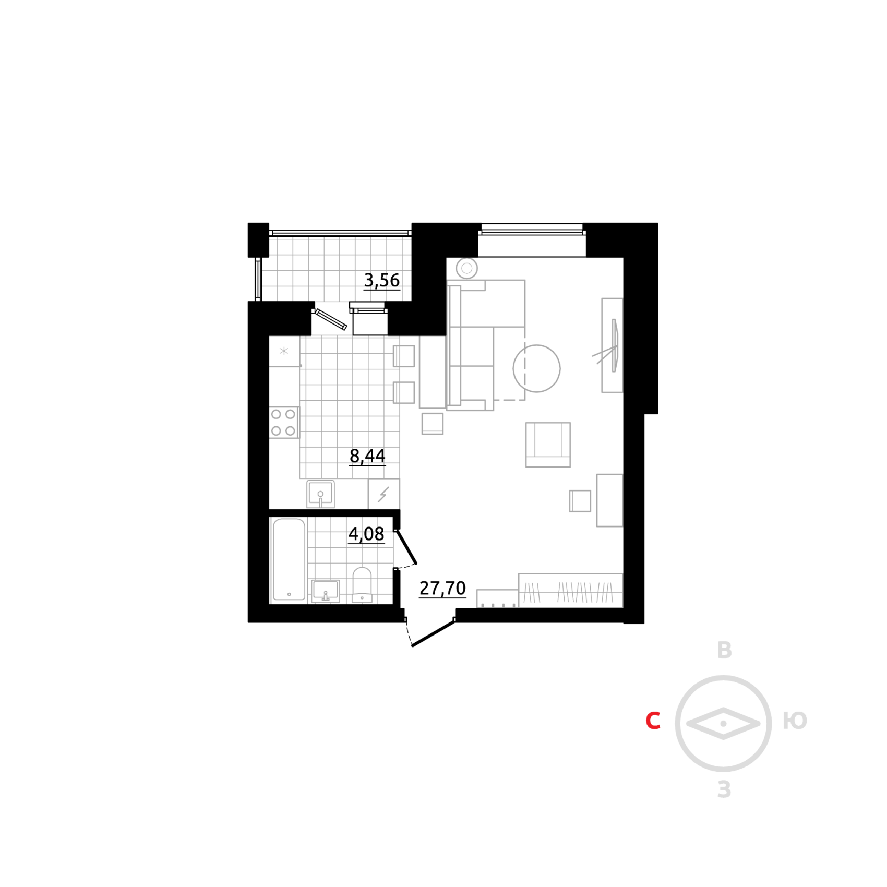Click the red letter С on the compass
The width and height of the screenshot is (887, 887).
[x=653, y=721]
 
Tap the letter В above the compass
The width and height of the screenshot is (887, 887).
[x=724, y=650]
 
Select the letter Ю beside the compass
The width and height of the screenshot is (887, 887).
[x=795, y=721]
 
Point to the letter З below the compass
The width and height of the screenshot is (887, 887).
[x=724, y=789]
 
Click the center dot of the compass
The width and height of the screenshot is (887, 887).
[x=723, y=724]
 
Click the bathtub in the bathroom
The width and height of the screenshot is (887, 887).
[x=289, y=559]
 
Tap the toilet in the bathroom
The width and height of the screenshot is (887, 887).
[x=362, y=584]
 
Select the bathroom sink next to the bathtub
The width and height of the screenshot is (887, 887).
[x=326, y=591]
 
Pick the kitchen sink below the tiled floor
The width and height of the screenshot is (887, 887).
[x=320, y=494]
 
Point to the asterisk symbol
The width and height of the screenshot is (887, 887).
[x=283, y=351]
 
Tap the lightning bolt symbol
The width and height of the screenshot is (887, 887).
[x=383, y=494]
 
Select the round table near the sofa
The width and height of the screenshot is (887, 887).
[x=537, y=368]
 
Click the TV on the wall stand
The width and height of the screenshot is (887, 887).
[x=615, y=345]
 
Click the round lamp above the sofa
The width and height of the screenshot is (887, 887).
[x=466, y=268]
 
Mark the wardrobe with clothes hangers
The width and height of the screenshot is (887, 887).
[x=570, y=591]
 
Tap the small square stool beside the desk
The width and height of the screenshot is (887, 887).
[x=580, y=501]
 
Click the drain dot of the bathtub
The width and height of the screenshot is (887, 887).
[x=289, y=594]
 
